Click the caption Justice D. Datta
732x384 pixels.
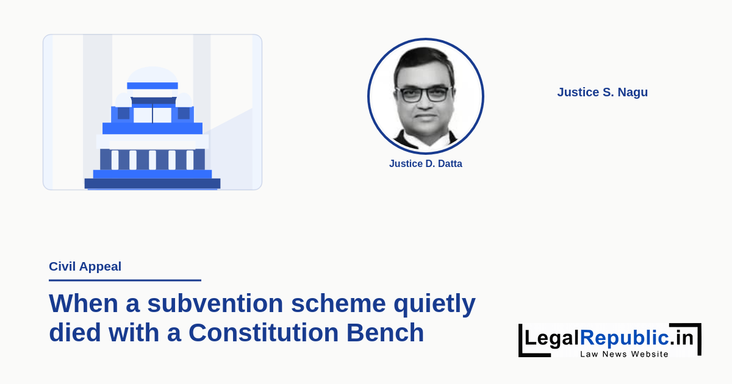pyautogui.click(x=426, y=163)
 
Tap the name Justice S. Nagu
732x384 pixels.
pyautogui.click(x=602, y=93)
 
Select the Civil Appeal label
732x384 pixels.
pyautogui.click(x=85, y=267)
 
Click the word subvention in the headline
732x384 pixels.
pyautogui.click(x=215, y=304)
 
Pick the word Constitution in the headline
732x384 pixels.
pyautogui.click(x=264, y=333)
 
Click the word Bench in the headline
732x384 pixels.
pyautogui.click(x=385, y=332)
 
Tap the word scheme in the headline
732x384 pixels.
pyautogui.click(x=339, y=304)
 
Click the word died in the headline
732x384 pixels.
pyautogui.click(x=75, y=332)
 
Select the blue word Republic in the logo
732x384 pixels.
pyautogui.click(x=625, y=337)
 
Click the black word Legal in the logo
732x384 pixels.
pyautogui.click(x=552, y=338)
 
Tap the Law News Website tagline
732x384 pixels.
pyautogui.click(x=624, y=354)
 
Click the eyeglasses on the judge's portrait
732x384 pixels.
pyautogui.click(x=424, y=94)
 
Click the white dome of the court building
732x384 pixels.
pyautogui.click(x=152, y=75)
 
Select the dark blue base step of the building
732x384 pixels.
pyautogui.click(x=152, y=183)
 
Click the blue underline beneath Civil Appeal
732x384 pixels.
pyautogui.click(x=125, y=280)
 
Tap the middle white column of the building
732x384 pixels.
pyautogui.click(x=152, y=160)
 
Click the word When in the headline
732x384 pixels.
pyautogui.click(x=84, y=304)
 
